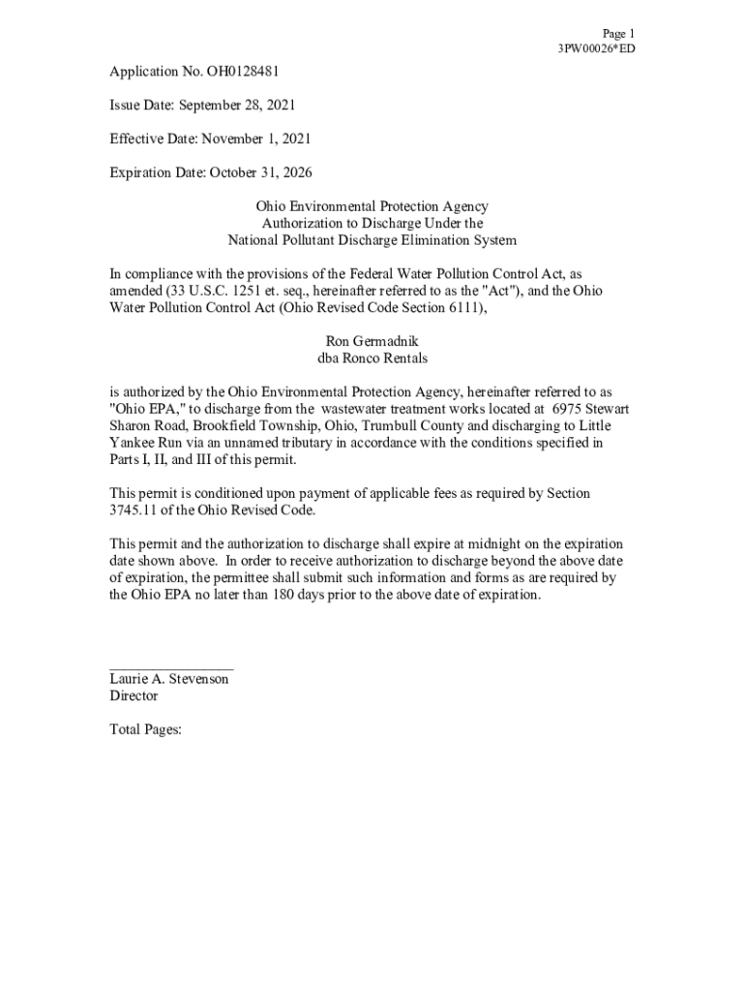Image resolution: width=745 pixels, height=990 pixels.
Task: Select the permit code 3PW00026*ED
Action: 596,48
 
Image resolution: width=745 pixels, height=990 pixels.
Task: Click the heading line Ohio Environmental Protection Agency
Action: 372,207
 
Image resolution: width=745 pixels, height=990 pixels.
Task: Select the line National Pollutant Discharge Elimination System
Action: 372,241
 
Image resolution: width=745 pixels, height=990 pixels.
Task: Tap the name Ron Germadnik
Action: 372,341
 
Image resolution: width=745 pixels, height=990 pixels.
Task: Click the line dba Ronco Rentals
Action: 372,358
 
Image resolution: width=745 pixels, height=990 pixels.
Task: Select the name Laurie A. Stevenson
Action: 169,680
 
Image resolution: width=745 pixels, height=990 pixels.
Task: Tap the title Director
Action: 134,696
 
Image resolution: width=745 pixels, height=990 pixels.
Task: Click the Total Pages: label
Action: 145,730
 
